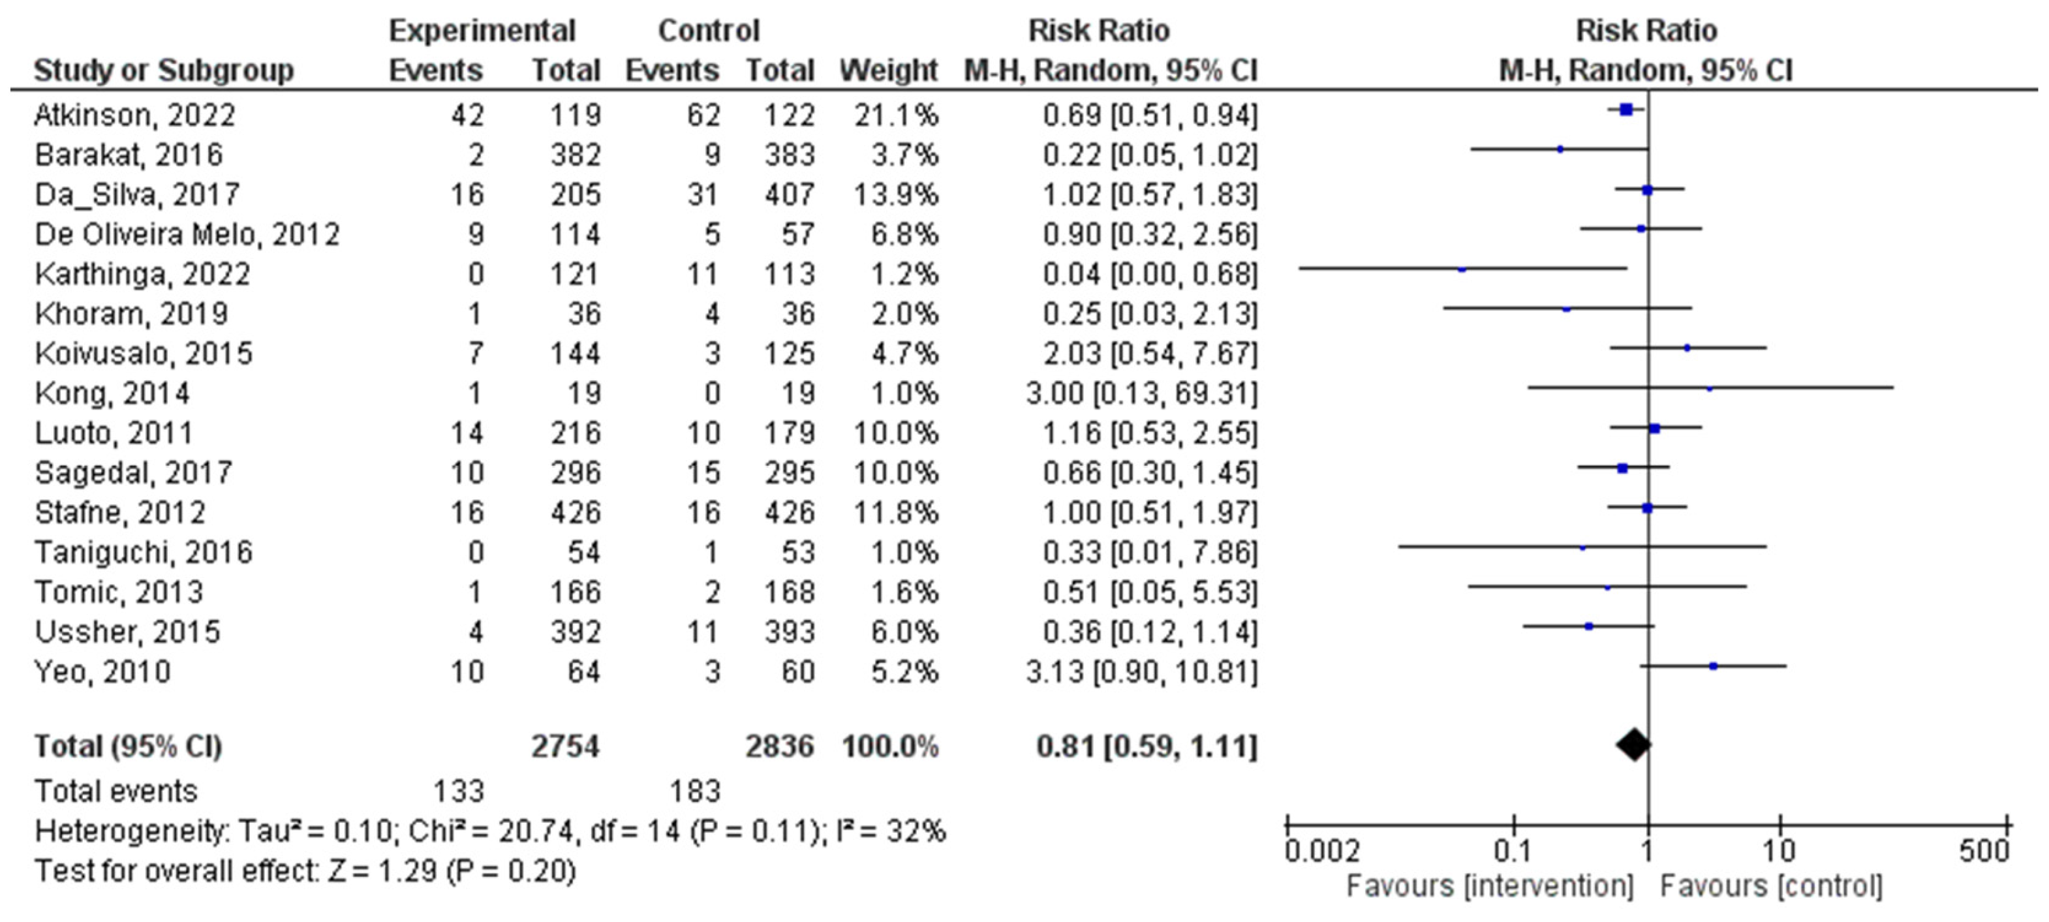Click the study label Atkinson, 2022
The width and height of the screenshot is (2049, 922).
coord(134,115)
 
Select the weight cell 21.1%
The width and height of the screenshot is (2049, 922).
coord(896,115)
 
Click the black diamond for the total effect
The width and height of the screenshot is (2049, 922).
coord(1634,745)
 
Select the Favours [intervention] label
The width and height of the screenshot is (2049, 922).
coord(1489,885)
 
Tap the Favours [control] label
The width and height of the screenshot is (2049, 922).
coord(1772,885)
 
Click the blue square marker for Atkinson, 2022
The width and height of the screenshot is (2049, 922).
coord(1626,110)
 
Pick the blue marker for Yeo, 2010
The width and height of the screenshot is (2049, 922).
coord(1714,666)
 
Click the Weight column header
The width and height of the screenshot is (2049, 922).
coord(889,71)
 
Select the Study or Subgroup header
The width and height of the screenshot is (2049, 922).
coord(164,71)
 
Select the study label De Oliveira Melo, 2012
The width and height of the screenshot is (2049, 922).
coord(187,235)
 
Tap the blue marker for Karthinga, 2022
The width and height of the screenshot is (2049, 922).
coord(1462,269)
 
